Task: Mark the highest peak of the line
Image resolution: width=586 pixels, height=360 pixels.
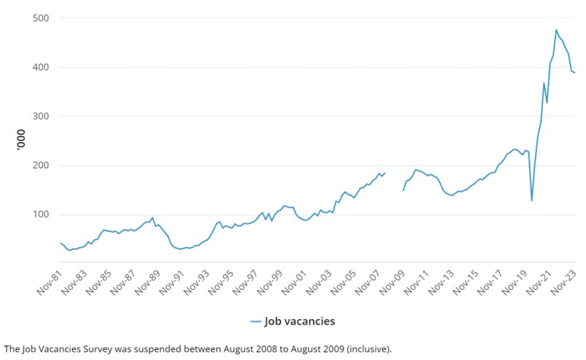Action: [556, 30]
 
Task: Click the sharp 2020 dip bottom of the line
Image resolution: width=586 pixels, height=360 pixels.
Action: [531, 200]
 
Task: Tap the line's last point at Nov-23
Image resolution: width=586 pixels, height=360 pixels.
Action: [575, 73]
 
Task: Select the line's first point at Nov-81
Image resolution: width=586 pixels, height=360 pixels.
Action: [60, 243]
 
